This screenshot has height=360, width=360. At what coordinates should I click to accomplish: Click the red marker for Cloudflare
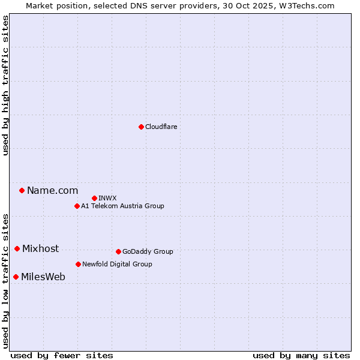[141, 127]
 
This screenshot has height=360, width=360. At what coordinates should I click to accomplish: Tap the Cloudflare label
[161, 127]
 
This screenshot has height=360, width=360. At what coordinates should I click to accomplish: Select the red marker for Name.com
[22, 190]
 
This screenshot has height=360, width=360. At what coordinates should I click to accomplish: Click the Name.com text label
[52, 191]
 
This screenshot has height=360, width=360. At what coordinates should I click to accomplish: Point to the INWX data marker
[94, 198]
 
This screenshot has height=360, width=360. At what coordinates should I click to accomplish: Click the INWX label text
[107, 198]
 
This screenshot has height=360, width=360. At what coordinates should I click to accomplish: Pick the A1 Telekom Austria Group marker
[77, 206]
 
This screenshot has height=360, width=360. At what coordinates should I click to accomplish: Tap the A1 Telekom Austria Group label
[122, 206]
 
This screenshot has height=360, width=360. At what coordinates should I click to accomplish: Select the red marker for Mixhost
[17, 248]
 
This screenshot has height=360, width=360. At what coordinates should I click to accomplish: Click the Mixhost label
[40, 249]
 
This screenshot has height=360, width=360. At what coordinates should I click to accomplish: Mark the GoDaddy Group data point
[118, 251]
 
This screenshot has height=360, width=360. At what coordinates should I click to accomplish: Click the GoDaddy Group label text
[148, 251]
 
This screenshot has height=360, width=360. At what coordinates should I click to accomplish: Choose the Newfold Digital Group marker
[78, 264]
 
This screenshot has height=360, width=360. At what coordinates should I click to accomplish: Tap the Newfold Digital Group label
[117, 264]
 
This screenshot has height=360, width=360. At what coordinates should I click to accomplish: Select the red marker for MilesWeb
[16, 277]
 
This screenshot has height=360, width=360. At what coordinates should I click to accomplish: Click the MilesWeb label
[43, 277]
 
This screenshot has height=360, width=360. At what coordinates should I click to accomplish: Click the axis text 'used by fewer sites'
[62, 355]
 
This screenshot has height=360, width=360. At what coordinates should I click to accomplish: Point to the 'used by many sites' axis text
[301, 355]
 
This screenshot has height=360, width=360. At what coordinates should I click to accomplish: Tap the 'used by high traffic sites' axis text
[5, 85]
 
